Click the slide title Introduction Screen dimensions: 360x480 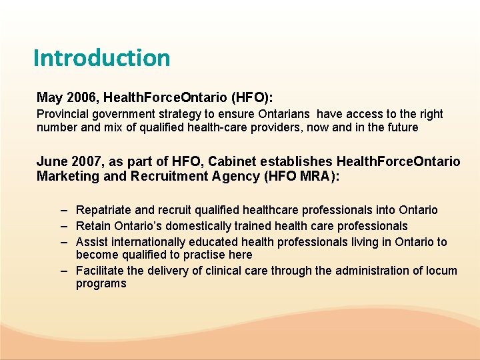[x=101, y=58]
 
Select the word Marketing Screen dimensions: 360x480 [x=65, y=176]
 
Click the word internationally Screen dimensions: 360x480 [x=150, y=241]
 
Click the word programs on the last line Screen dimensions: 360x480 [x=101, y=283]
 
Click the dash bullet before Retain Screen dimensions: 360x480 [x=63, y=226]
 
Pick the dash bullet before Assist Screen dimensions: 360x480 [x=63, y=241]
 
